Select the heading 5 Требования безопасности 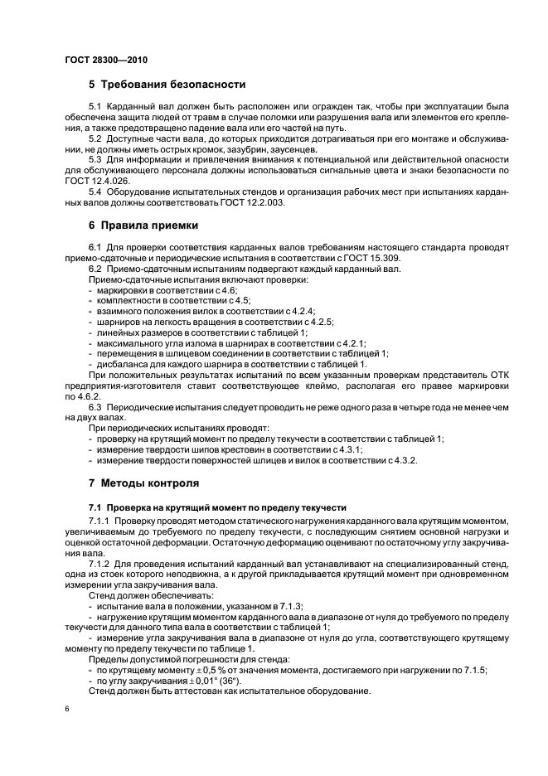[167, 85]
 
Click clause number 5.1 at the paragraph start [95, 108]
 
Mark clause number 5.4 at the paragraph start [95, 190]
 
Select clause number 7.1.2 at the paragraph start [100, 562]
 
